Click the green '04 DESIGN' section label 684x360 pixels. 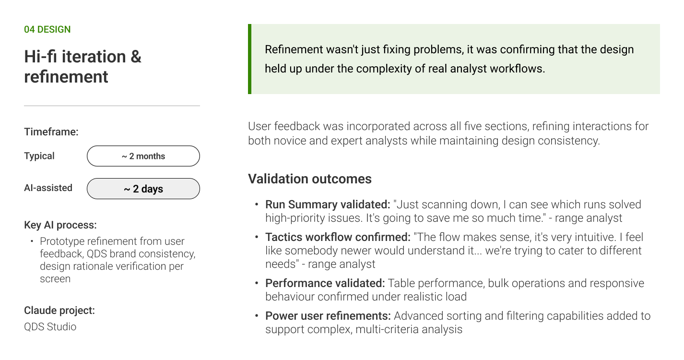(47, 29)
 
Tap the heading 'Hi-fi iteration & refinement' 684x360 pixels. (83, 66)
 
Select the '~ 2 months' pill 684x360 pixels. (143, 156)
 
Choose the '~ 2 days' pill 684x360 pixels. (143, 189)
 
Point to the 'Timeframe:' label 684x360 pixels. (51, 132)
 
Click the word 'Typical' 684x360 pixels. (39, 156)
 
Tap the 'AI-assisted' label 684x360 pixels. (48, 188)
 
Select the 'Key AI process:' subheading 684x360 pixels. (60, 225)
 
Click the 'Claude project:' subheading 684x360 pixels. (59, 310)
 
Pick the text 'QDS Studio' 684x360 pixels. (50, 327)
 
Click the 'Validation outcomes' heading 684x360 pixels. (309, 179)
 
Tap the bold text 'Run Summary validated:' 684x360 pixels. (328, 204)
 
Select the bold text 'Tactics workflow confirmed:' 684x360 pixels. (338, 237)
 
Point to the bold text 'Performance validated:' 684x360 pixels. (325, 283)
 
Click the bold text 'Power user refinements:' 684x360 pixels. (328, 316)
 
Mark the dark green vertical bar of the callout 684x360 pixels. (249, 59)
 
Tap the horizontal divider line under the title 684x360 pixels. (112, 106)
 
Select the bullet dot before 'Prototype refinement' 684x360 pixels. (32, 241)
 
